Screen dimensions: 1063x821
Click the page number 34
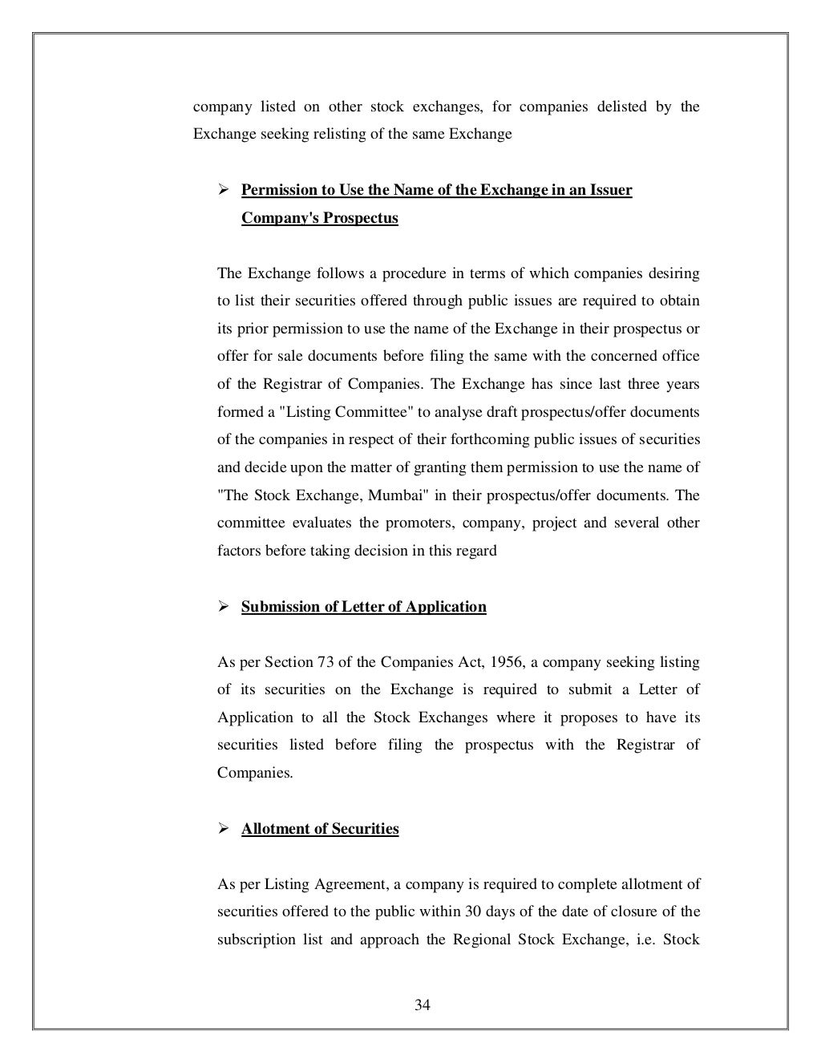click(423, 1005)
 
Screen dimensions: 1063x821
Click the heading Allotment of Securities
click(320, 829)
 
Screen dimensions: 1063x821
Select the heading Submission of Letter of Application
click(363, 607)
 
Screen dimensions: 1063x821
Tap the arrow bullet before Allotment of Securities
click(224, 829)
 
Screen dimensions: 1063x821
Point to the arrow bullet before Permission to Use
click(224, 191)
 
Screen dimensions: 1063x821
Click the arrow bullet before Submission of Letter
click(224, 607)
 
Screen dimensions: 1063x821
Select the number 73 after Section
click(323, 662)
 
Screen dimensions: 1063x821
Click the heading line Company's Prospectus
click(319, 218)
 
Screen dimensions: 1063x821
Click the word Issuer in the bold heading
click(612, 191)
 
